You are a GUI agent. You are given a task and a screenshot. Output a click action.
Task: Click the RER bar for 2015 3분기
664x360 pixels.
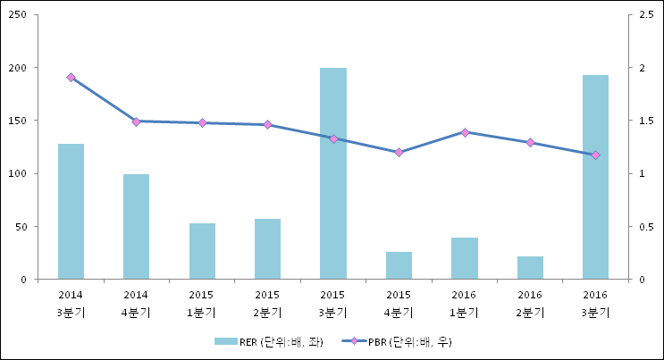click(x=333, y=173)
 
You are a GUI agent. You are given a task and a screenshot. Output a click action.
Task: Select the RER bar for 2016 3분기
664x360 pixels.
click(x=595, y=177)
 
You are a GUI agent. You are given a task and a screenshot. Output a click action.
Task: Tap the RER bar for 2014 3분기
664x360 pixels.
click(x=71, y=212)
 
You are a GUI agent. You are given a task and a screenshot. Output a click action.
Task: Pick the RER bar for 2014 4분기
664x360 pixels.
click(x=137, y=227)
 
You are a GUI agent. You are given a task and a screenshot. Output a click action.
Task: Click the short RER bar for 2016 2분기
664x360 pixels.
click(x=530, y=268)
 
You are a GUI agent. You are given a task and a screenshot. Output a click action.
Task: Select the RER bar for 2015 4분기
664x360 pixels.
click(x=399, y=265)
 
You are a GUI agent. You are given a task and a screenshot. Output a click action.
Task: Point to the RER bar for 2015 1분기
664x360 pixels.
click(x=203, y=251)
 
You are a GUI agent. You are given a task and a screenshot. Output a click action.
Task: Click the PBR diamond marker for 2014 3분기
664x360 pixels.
click(x=71, y=77)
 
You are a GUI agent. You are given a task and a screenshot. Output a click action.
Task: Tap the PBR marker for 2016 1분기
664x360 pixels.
click(x=465, y=132)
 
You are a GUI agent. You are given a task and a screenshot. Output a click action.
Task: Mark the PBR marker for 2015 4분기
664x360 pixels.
click(x=399, y=152)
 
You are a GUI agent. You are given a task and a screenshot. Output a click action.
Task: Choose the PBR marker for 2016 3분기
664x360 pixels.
click(x=595, y=155)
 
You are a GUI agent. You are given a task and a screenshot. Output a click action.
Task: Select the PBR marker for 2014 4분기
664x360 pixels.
click(x=137, y=122)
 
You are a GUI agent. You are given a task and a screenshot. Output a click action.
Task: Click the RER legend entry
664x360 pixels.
click(x=268, y=342)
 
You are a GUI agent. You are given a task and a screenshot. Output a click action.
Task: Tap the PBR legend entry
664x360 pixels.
click(x=397, y=342)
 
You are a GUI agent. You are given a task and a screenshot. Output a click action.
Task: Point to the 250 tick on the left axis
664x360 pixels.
click(x=18, y=15)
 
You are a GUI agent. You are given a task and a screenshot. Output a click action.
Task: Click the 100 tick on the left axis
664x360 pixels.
click(x=18, y=173)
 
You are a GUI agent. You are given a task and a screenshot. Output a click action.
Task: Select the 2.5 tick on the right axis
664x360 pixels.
click(x=647, y=15)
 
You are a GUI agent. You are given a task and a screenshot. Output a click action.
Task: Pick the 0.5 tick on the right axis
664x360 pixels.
click(x=647, y=227)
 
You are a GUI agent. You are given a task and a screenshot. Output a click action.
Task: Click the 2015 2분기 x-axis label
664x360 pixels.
click(x=267, y=304)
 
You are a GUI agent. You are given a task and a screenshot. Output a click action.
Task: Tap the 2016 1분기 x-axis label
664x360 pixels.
click(x=464, y=304)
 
